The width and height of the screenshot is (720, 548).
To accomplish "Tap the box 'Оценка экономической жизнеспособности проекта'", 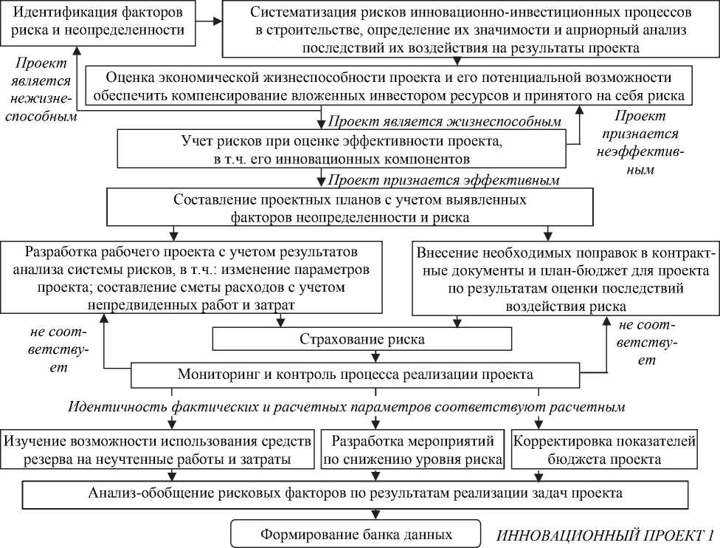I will [x=390, y=86].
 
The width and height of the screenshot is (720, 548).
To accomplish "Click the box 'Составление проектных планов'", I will [x=349, y=208].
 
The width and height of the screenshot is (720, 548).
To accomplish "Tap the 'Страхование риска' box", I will [x=361, y=339].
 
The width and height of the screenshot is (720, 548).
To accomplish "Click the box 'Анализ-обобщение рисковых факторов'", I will [x=359, y=493].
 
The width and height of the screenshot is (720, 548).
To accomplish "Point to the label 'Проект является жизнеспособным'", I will [x=444, y=121].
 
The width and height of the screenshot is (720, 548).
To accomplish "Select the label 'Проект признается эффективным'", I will [x=443, y=179].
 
